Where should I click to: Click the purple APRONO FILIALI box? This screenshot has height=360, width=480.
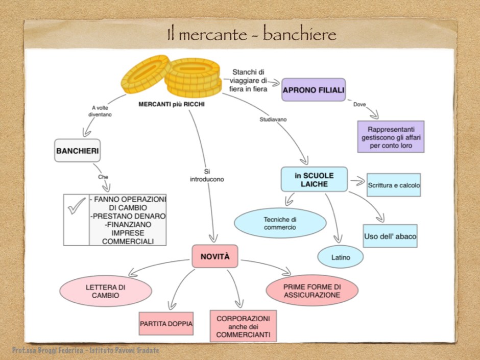point(314,90)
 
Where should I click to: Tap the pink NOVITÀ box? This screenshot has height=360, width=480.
point(214,257)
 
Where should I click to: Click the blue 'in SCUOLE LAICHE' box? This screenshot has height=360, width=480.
point(314,179)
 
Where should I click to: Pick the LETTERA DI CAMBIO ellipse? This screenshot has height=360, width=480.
point(106,291)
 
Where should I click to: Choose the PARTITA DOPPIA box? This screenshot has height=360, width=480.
point(166,324)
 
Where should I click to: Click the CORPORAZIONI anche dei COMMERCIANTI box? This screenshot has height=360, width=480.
point(243,326)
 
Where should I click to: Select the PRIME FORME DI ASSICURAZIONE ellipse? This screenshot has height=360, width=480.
point(312,291)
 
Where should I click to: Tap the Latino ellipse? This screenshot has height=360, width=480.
point(341,257)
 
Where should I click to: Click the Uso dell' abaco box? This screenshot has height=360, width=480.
point(390,236)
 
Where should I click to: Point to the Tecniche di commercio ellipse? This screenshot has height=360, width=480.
point(280,223)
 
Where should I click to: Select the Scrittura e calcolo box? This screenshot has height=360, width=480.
point(394,185)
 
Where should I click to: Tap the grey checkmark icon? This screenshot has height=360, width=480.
point(76,208)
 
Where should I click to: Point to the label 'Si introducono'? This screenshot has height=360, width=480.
point(207,176)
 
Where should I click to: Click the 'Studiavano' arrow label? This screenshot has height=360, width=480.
point(273,119)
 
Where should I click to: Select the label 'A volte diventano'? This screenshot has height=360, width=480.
point(101,111)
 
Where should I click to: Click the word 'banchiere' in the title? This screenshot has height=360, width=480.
point(300,35)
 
